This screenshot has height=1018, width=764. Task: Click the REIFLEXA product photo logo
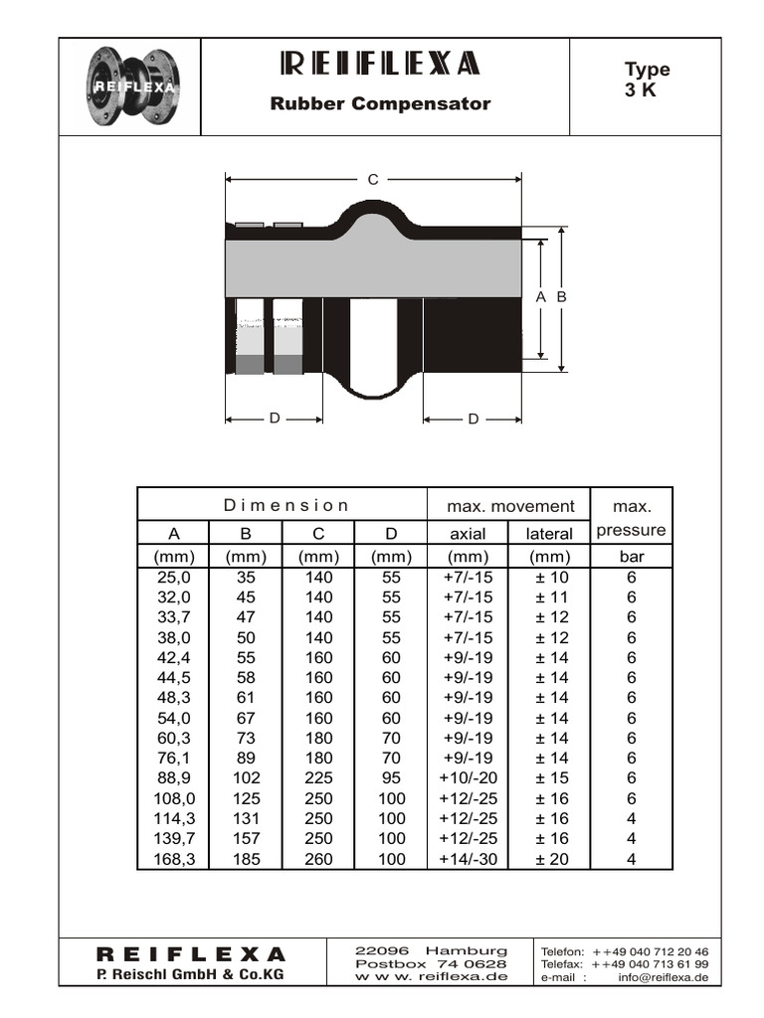coord(131,86)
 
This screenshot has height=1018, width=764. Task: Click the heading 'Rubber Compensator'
coord(381,103)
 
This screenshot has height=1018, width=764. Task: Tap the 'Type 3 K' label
coord(647,80)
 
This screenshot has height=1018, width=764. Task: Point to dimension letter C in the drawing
coord(373,180)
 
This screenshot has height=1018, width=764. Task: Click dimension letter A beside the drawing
coord(540,297)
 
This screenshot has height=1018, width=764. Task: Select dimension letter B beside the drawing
coord(561,297)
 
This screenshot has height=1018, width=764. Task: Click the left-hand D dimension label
coord(275,419)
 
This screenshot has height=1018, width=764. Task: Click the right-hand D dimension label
coord(474,419)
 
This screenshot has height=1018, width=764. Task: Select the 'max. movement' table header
coord(509,506)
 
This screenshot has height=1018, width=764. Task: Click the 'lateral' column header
coord(549,534)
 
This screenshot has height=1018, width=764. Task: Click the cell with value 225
coord(318,778)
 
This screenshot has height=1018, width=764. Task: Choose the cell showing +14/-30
coord(468,859)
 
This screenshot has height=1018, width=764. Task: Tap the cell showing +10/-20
coord(468,778)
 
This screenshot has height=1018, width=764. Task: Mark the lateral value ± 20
coord(550,859)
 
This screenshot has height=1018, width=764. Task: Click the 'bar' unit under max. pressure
coord(632,557)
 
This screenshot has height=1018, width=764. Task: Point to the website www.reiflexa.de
coord(431,976)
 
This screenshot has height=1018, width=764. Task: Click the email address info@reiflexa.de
coord(663,977)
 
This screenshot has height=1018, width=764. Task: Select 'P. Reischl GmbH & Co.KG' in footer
coord(189,974)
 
